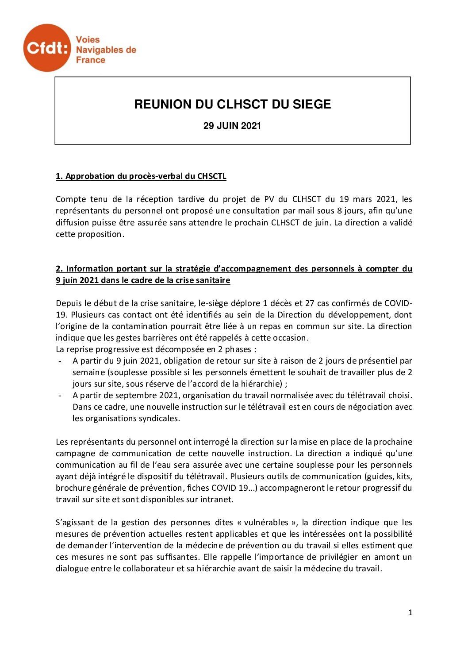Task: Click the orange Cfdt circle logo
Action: click(47, 48)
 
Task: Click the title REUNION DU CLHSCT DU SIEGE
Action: click(233, 105)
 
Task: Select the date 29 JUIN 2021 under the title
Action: click(232, 126)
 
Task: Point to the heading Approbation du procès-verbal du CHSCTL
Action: click(141, 176)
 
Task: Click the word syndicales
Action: click(159, 419)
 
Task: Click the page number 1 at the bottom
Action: click(410, 613)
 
